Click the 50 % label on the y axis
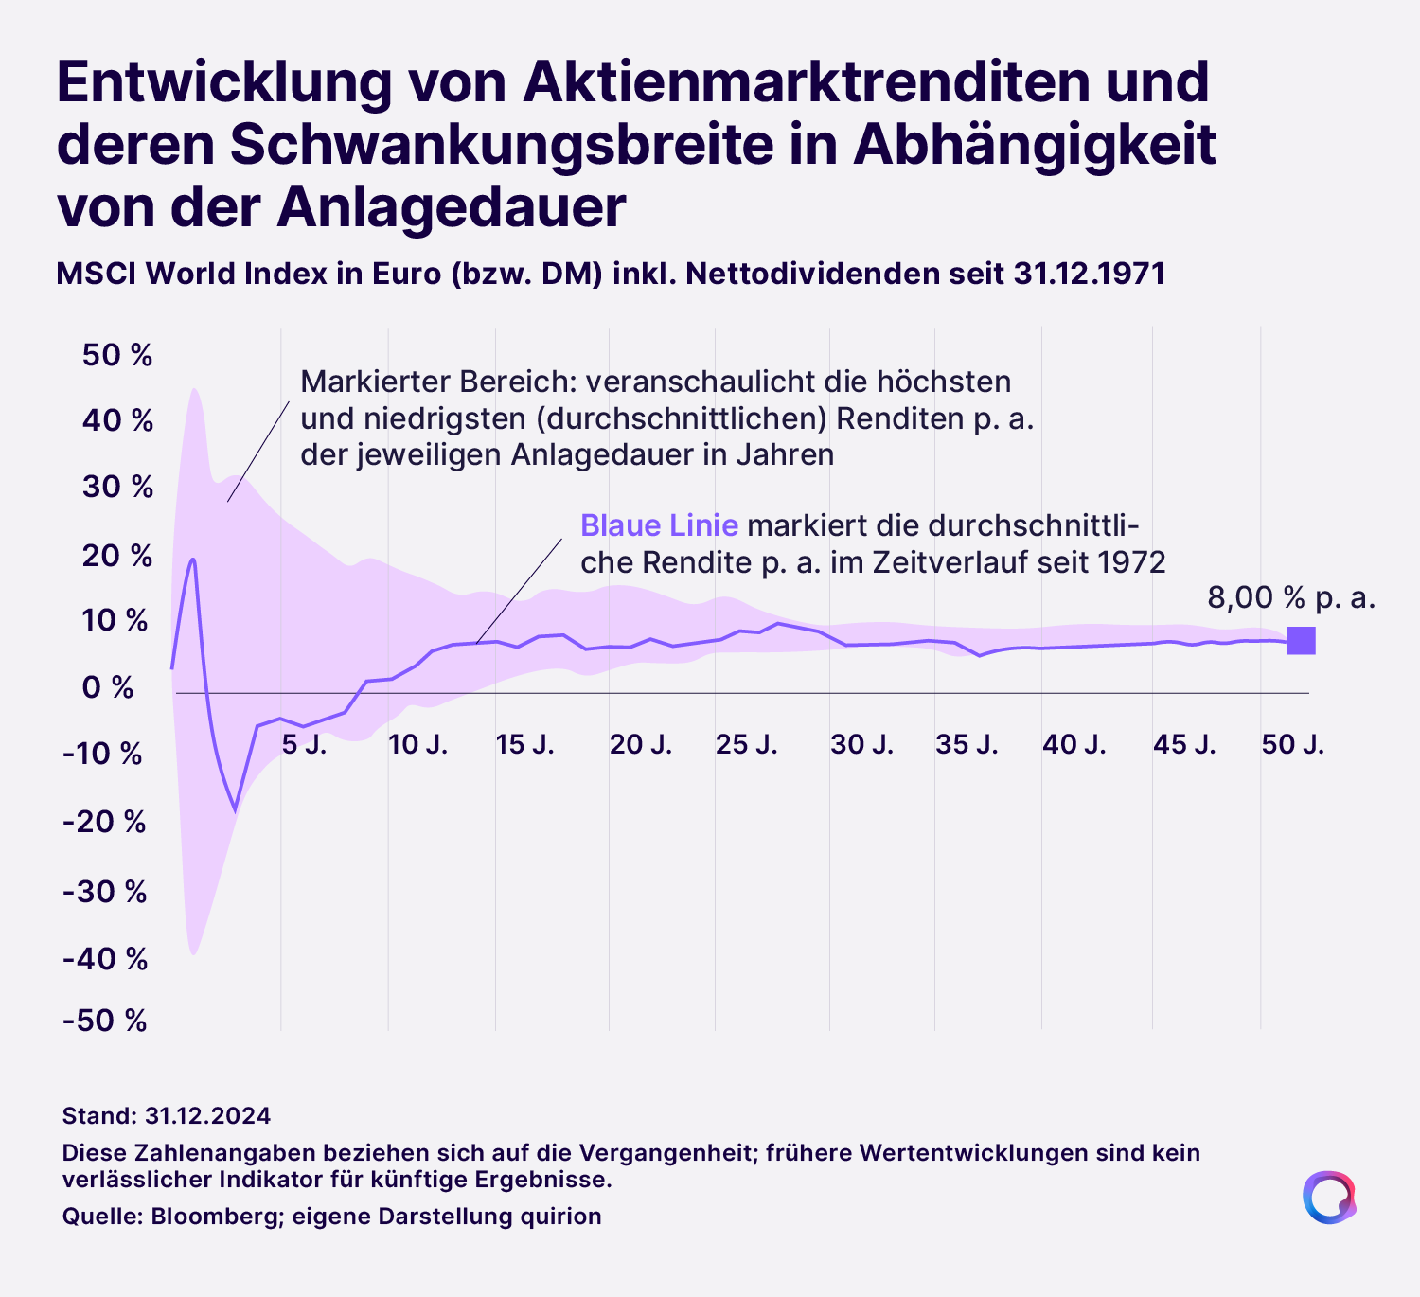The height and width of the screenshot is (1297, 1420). [117, 356]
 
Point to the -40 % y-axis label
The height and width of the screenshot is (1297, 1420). [105, 960]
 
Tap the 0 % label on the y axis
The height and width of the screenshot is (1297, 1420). [109, 687]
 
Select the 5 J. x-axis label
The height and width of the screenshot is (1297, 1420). [305, 745]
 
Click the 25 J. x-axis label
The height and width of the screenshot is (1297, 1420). [747, 745]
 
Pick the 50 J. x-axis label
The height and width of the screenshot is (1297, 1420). [1293, 745]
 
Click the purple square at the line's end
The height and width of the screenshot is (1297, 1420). [1302, 641]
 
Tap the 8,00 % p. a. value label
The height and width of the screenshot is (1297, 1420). [1291, 597]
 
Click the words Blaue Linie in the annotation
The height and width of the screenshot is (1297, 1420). [659, 525]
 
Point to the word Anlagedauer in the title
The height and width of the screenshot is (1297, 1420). [452, 207]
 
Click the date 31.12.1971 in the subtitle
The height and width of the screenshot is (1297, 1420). [1089, 274]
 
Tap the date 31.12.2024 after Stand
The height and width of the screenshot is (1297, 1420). [208, 1115]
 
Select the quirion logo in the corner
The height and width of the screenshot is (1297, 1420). [1328, 1198]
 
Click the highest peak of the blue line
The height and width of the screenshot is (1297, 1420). [193, 559]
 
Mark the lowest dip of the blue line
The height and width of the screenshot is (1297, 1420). [235, 811]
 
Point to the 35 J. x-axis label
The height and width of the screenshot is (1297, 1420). [967, 745]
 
